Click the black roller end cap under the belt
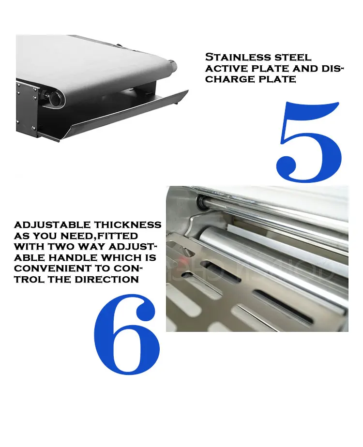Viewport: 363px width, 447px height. [54, 98]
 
